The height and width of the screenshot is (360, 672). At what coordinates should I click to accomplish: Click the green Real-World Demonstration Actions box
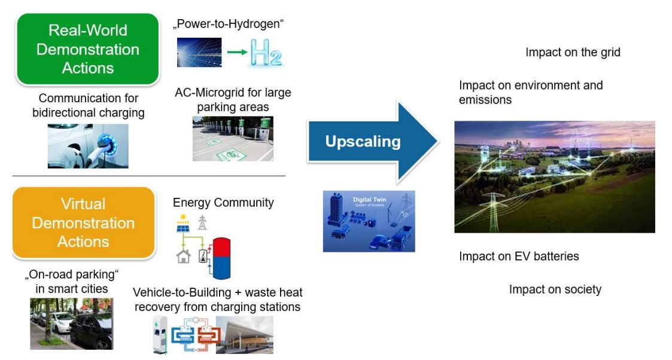[x=88, y=49]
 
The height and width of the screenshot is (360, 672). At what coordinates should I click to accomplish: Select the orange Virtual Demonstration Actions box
[x=84, y=222]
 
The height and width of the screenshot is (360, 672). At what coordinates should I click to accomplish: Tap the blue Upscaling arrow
[x=372, y=141]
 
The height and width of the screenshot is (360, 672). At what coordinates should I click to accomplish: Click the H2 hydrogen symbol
[x=266, y=52]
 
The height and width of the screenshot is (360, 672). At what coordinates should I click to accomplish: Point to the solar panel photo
[x=199, y=52]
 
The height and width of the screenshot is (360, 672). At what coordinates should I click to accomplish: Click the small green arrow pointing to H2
[x=237, y=52]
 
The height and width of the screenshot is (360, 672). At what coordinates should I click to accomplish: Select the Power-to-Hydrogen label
[x=229, y=23]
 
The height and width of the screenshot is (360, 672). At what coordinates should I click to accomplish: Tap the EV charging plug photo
[x=88, y=145]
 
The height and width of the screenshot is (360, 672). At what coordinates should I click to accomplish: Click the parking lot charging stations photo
[x=233, y=139]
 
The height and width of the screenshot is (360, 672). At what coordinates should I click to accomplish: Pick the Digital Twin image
[x=369, y=221]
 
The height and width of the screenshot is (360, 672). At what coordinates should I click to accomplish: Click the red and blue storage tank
[x=221, y=258]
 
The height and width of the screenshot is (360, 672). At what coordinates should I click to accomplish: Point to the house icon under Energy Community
[x=184, y=257]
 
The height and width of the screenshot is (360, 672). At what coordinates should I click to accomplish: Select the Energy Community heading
[x=223, y=203]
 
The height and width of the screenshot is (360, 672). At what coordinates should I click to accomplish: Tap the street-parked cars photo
[x=72, y=324]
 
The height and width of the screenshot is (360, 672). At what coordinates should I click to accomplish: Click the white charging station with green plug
[x=160, y=335]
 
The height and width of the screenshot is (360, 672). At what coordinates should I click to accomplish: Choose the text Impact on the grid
[x=573, y=52]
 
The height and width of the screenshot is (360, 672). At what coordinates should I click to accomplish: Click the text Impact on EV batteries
[x=519, y=256]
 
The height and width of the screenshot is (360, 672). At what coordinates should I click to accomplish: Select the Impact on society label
[x=555, y=289]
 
